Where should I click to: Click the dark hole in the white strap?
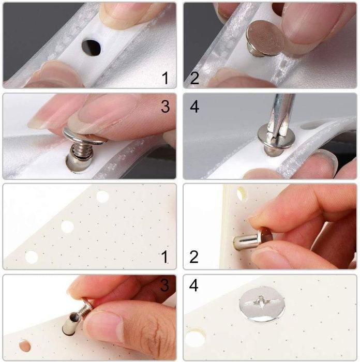[91, 48]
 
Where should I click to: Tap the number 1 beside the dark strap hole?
[165, 78]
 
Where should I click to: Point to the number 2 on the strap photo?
[194, 78]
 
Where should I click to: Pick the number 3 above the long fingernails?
[165, 107]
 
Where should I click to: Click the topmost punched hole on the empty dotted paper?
[102, 197]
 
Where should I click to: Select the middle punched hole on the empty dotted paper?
[67, 227]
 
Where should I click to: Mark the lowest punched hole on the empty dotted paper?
[32, 257]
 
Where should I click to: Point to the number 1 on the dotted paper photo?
[164, 257]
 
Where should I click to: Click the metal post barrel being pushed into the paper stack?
[245, 242]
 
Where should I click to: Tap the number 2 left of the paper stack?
[194, 257]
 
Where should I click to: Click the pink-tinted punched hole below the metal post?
[25, 345]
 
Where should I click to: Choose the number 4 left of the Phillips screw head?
[193, 285]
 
